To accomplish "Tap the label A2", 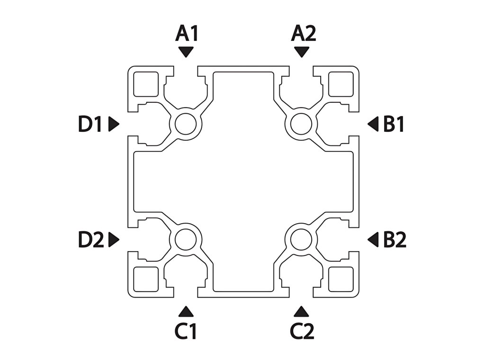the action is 304,34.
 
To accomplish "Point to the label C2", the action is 303,331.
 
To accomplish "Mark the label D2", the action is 91,240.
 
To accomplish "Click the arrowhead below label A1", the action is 186,52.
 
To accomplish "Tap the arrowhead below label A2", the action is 302,52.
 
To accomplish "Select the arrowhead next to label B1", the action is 374,124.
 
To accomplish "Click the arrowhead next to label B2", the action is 374,240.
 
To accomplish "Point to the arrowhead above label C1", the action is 186,311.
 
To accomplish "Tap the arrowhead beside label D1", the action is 114,124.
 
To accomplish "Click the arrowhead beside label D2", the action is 114,240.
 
